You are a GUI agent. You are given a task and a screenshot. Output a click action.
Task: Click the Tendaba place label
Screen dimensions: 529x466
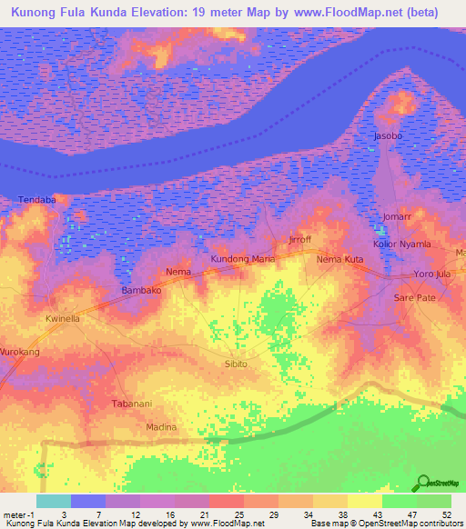pos(36,199)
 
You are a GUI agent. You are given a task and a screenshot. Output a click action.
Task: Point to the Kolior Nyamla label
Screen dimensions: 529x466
pos(401,245)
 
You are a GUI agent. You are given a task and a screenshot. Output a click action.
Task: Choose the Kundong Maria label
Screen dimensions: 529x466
pos(242,259)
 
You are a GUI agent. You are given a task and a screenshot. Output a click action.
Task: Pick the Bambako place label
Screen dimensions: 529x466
pos(141,291)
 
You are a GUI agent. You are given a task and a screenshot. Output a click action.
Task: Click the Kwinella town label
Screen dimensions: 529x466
pos(64,320)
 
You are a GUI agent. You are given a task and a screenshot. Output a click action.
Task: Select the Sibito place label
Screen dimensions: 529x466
pos(235,364)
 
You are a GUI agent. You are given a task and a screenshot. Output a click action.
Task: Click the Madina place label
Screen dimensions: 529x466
pos(161,426)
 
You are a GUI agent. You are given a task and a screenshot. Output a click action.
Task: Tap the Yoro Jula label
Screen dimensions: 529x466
pos(431,274)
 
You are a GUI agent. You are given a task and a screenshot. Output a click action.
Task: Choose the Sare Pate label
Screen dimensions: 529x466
pos(414,298)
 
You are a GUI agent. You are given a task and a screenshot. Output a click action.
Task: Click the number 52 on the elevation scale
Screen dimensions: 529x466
pos(446,514)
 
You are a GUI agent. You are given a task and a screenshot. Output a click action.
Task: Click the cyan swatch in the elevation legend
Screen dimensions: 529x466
pos(54,501)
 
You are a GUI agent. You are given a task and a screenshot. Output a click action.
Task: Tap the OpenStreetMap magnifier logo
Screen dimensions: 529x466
pos(423,482)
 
